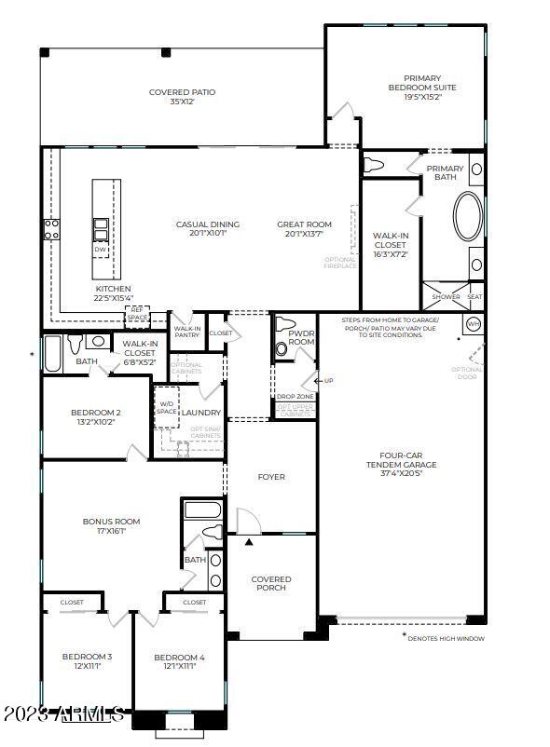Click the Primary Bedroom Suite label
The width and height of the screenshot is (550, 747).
coord(421,84)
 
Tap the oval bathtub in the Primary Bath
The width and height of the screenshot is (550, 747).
coord(468,215)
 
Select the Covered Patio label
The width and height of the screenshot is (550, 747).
coord(182,92)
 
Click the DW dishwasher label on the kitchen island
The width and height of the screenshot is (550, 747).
coord(100,250)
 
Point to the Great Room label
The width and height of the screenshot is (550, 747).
coord(304,224)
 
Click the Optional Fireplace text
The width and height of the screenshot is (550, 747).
coord(339,263)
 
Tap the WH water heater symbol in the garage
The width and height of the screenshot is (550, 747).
coord(473,324)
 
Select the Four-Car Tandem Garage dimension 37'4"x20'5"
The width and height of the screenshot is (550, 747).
coord(401,473)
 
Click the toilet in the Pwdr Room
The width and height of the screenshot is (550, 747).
coord(282,350)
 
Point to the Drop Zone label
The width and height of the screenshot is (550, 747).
coord(296,397)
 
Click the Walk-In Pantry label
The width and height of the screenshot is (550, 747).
coord(187,332)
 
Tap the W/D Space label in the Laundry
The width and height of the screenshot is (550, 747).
coord(166,407)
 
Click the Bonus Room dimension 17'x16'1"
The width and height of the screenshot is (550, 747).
coord(111,532)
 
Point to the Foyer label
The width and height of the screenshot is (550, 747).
coord(270,477)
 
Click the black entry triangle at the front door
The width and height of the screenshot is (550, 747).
coord(248,541)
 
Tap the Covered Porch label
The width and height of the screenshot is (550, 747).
coord(271,584)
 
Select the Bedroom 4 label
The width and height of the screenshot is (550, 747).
coord(179,659)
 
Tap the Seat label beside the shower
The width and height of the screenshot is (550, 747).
coord(474,297)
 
